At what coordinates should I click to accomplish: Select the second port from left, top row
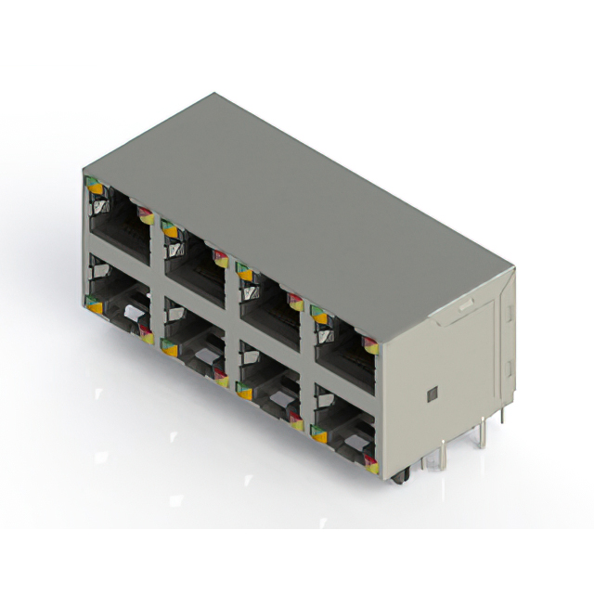(195, 259)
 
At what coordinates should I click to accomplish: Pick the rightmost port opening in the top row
(345, 344)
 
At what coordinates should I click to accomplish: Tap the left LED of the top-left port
(94, 187)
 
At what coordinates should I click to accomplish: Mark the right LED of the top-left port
(145, 215)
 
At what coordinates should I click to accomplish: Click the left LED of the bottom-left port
(94, 303)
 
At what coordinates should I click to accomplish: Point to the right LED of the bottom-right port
(371, 461)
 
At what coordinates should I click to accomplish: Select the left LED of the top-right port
(320, 316)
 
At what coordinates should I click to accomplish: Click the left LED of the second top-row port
(169, 228)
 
